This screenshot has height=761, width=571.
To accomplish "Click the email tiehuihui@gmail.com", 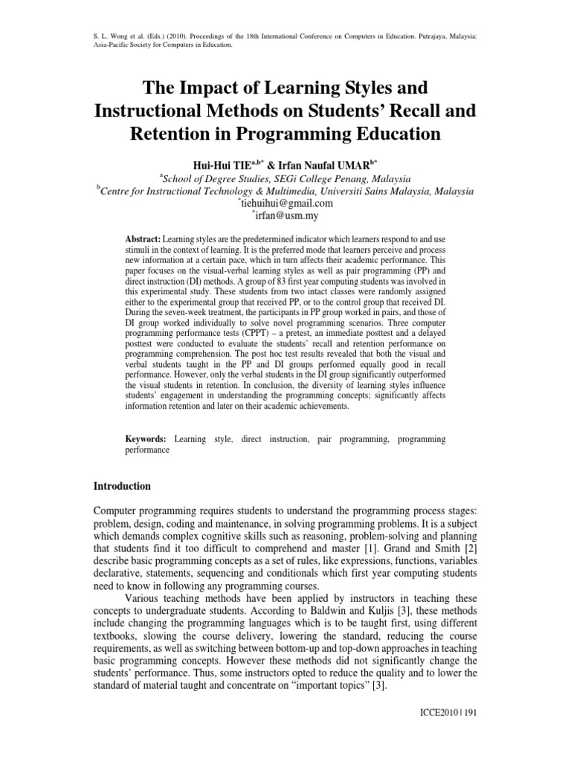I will [x=286, y=203].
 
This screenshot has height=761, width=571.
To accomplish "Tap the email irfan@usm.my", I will [x=286, y=215].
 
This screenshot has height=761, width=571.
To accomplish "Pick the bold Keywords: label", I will [x=145, y=439].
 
